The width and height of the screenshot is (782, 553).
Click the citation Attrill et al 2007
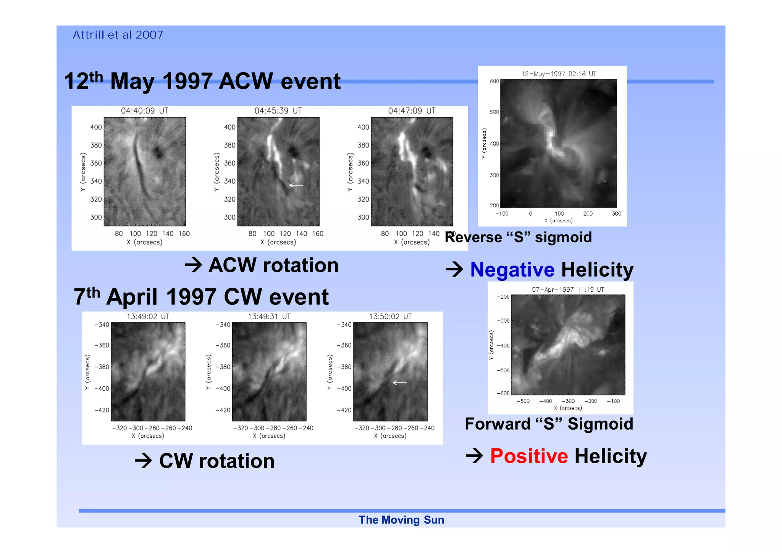pos(118,35)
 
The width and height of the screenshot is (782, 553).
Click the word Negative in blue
pos(512,270)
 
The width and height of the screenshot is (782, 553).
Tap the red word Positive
pos(529,456)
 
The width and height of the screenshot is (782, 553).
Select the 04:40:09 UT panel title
pos(144,111)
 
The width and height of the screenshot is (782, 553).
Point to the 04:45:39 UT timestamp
pos(278,111)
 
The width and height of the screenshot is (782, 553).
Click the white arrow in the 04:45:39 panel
pos(296,185)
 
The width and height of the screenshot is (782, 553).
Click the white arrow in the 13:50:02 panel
pos(400,382)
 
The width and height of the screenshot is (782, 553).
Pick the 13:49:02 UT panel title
pos(148,317)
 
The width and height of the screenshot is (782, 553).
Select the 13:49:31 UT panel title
pos(269,317)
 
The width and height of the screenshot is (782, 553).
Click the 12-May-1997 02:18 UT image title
pos(558,74)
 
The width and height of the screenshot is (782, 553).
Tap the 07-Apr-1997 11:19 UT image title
pos(568,289)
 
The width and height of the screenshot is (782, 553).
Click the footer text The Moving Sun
pos(401,520)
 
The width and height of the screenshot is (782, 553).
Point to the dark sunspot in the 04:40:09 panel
pos(158,152)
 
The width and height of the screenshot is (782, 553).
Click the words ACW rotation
pos(273,265)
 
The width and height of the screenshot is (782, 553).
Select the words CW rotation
pos(217,461)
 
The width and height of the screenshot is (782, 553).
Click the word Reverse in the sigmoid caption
pos(473,238)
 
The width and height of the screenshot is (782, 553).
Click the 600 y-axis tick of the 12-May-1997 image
pos(494,81)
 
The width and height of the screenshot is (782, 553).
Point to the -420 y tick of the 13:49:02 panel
pos(102,410)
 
